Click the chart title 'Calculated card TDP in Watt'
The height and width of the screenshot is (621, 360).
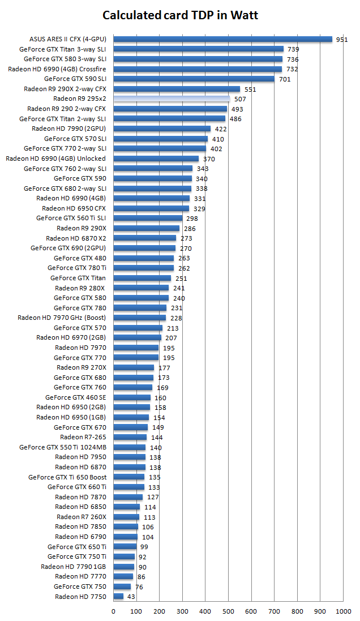click(180, 15)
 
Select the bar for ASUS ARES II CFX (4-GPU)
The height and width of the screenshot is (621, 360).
click(222, 39)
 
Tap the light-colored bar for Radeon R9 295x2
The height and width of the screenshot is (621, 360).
click(172, 98)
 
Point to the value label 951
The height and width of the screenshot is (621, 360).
click(342, 40)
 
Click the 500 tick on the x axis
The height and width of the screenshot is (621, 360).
click(228, 611)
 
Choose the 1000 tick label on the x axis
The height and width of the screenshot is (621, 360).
click(343, 611)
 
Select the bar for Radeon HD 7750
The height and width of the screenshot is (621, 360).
click(118, 596)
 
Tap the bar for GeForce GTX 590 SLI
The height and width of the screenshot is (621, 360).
click(194, 79)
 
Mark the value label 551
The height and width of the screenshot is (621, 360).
click(250, 89)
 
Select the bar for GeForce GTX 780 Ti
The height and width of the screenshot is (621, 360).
click(144, 268)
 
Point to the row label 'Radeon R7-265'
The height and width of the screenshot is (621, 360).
click(83, 437)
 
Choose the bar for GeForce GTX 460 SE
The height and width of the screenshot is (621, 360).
click(132, 397)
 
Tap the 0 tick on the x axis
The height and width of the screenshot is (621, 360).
click(113, 611)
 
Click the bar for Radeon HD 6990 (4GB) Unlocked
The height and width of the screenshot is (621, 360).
click(156, 159)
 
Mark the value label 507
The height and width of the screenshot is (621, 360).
click(240, 99)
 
